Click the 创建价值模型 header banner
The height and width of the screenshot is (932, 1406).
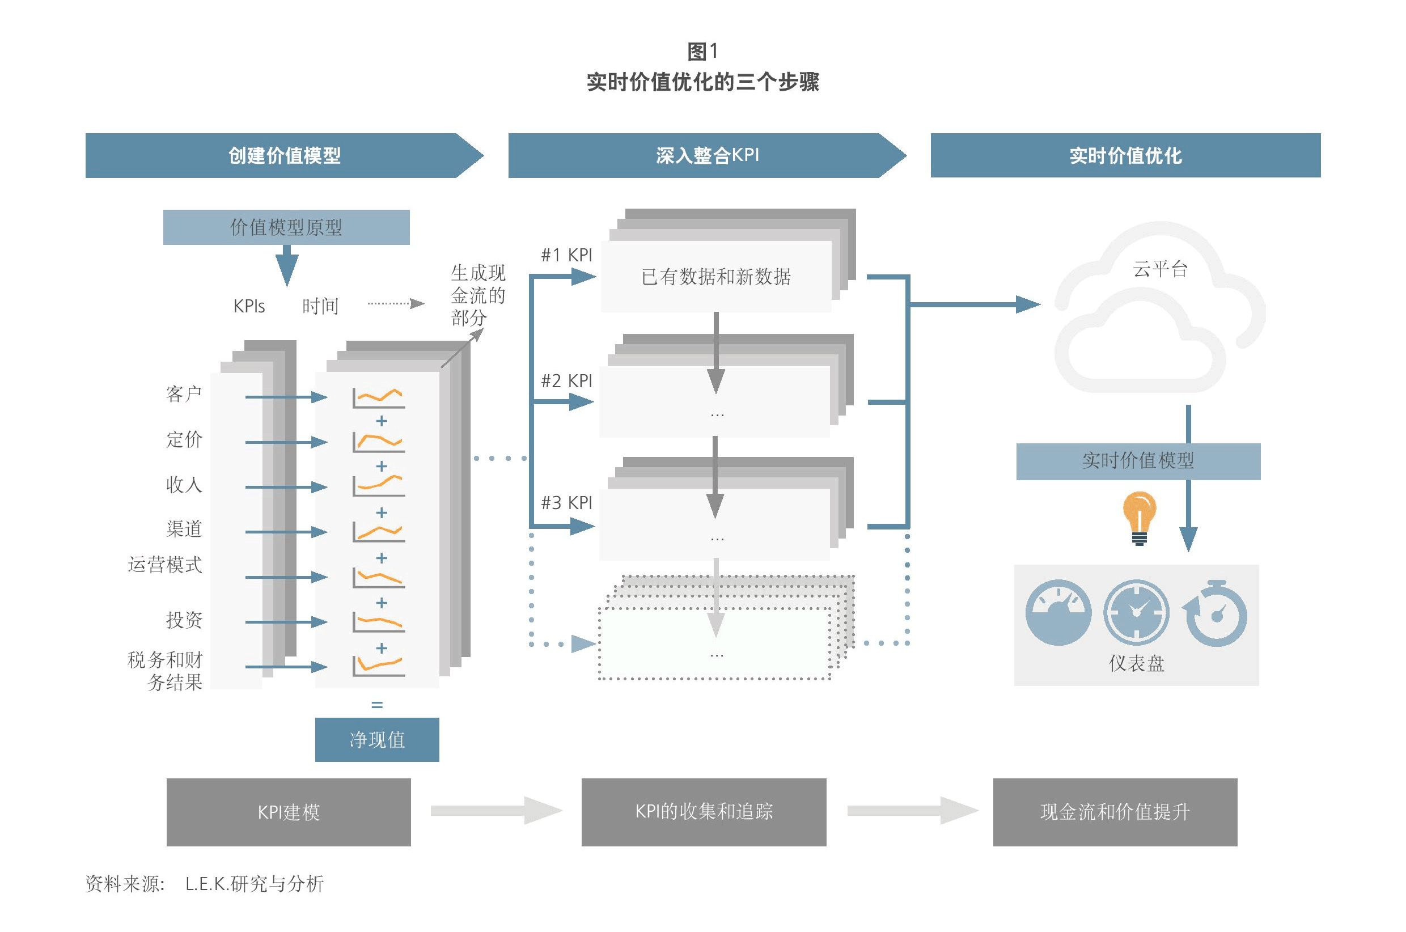coord(284,156)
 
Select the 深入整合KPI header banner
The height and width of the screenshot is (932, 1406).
coord(707,156)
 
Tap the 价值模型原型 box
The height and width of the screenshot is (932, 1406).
coord(286,227)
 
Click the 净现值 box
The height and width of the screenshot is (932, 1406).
coord(378,739)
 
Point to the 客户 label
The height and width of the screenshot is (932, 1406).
coord(184,393)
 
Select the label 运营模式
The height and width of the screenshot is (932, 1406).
coord(165,564)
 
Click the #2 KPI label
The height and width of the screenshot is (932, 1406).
coord(566,381)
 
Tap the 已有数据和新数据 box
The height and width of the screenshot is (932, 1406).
coord(716,277)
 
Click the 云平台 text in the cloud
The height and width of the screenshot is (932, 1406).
coord(1160,269)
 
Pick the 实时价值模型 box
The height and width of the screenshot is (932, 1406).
coord(1138,461)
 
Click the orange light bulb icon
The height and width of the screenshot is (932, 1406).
coord(1139,518)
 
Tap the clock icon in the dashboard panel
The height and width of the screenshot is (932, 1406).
coord(1136,612)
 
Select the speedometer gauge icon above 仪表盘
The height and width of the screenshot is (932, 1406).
coord(1058,612)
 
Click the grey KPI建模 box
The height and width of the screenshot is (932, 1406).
coord(289,812)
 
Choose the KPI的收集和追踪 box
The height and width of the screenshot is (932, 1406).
coord(704,812)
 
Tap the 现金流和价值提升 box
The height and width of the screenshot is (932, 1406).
coord(1115,812)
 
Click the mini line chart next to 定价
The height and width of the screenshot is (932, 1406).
coord(379,442)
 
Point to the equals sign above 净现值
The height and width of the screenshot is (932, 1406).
coord(377,705)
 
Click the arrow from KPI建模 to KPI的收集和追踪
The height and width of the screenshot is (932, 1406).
coord(497,811)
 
